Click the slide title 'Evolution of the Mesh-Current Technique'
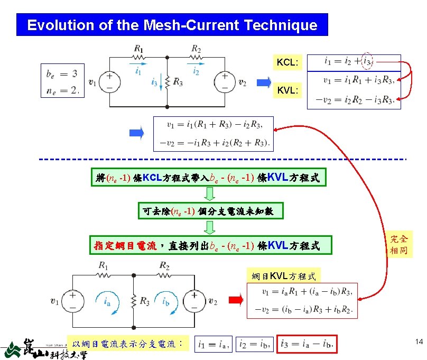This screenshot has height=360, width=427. [172, 25]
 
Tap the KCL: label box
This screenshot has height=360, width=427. [287, 63]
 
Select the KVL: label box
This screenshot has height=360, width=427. [287, 90]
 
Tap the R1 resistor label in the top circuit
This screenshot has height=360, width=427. [138, 49]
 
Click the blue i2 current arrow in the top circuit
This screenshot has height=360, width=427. [196, 68]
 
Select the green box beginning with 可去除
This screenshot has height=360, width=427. [210, 211]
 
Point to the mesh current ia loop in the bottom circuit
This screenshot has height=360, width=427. [106, 302]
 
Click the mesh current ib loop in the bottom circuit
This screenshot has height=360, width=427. [165, 302]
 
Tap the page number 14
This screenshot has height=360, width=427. [419, 343]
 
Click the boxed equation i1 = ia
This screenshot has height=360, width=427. [212, 345]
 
